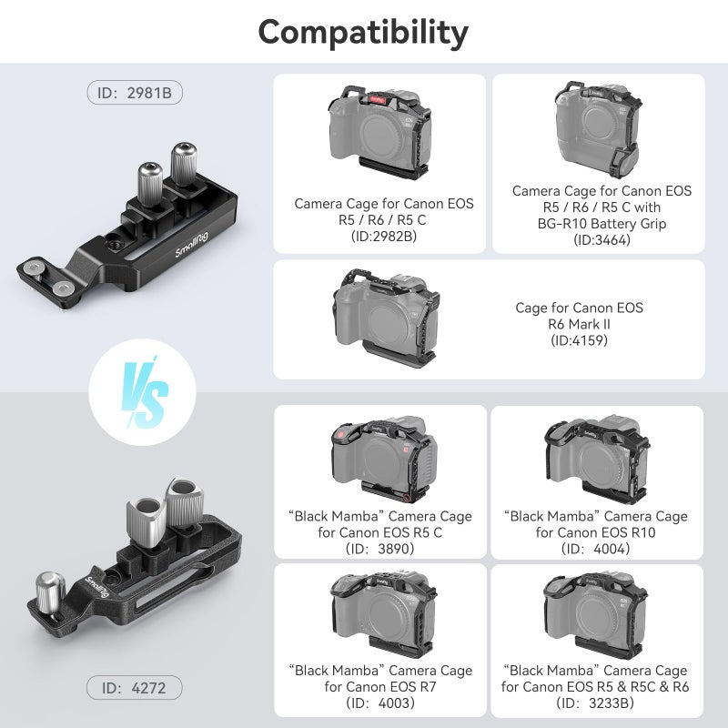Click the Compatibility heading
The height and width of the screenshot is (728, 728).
[363, 32]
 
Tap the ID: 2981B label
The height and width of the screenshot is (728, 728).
[136, 93]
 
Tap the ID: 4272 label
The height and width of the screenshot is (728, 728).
[136, 687]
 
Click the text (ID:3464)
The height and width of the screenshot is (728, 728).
[602, 240]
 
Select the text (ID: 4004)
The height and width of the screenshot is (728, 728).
[596, 549]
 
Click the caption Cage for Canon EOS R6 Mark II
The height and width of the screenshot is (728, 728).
[579, 316]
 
